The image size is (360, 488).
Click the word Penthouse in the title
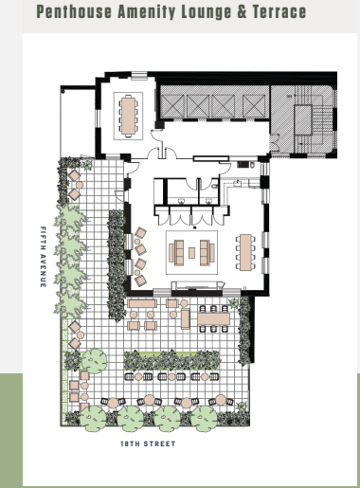click(x=74, y=11)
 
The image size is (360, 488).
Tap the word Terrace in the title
click(x=279, y=11)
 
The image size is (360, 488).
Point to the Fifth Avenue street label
click(x=44, y=257)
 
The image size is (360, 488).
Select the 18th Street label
click(x=148, y=443)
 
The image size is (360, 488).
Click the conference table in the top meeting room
click(x=128, y=116)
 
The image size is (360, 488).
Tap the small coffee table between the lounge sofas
click(x=191, y=253)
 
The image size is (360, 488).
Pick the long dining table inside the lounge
click(x=245, y=252)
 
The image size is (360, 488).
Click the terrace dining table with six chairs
click(x=214, y=318)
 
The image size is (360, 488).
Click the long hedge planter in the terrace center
click(x=171, y=360)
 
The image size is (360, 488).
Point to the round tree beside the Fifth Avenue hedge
click(x=95, y=361)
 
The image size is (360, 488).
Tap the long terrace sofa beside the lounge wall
click(x=142, y=303)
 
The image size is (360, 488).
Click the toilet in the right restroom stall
click(x=215, y=186)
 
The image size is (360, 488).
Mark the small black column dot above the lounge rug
click(x=195, y=227)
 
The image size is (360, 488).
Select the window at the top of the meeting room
click(x=139, y=75)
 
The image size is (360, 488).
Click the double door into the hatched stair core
click(x=274, y=143)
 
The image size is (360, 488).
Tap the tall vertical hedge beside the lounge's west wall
click(x=117, y=264)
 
